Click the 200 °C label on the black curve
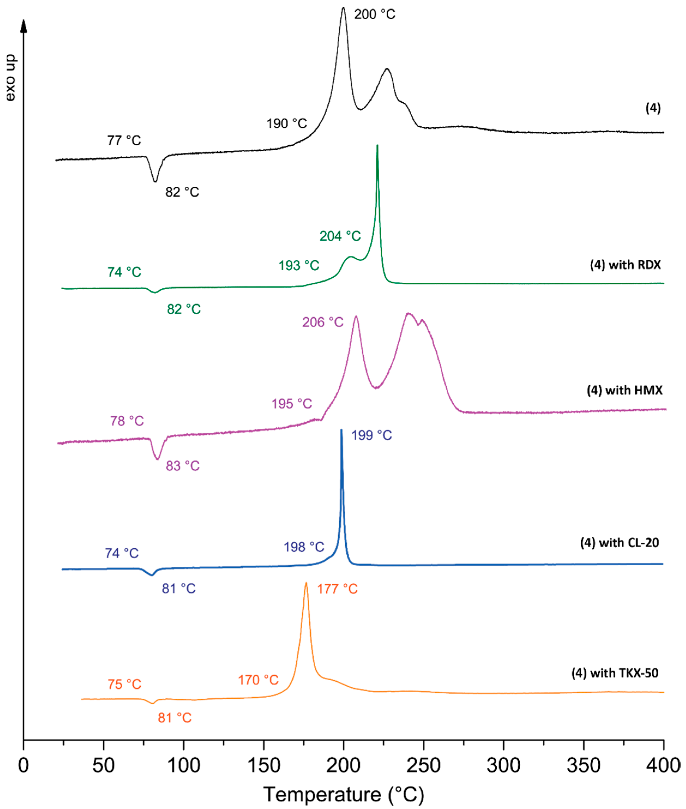pos(374,15)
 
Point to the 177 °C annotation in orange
pos(337,589)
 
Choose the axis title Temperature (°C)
pos(343,794)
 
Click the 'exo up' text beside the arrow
pos(11,78)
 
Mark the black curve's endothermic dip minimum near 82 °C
pos(156,181)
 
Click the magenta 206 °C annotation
pos(322,322)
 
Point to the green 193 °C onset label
pos(299,266)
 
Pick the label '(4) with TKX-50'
pos(614,673)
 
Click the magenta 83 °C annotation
pos(182,466)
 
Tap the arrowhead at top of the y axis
pos(24,25)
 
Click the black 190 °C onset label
pos(287,124)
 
